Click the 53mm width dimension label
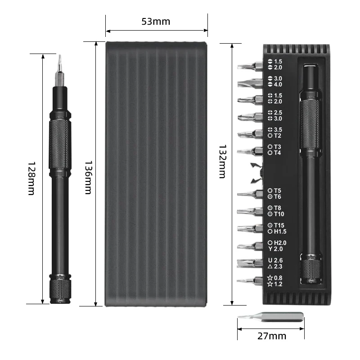click(x=156, y=22)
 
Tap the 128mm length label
click(x=31, y=178)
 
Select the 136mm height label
click(x=88, y=177)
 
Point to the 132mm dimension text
click(x=222, y=162)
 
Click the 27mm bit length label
click(x=272, y=336)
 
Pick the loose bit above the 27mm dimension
click(x=270, y=317)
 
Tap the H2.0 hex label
click(x=277, y=243)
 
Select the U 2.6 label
click(x=275, y=261)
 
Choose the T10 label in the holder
click(x=276, y=214)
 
